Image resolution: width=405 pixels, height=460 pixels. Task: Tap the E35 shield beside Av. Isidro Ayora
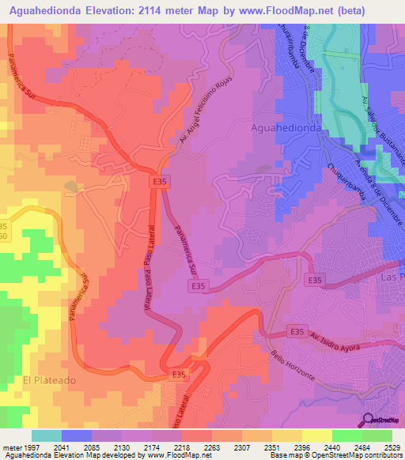[297, 332]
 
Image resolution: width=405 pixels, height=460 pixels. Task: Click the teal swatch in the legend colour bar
[47, 435]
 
